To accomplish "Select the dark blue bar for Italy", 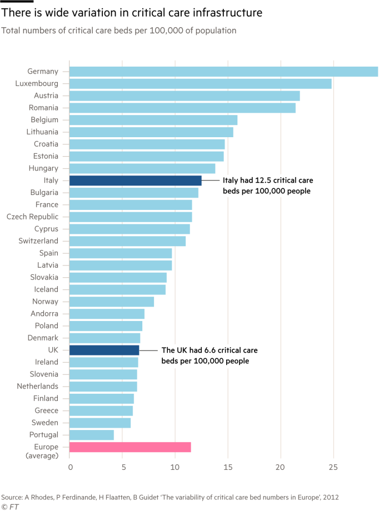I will [136, 181].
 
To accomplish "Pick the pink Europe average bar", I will [130, 447].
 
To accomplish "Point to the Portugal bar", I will [92, 435].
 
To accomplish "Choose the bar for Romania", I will [183, 108].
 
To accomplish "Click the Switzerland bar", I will [128, 241].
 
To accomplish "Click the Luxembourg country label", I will [37, 83].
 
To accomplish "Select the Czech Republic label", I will [32, 217].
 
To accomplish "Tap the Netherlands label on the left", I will [37, 386].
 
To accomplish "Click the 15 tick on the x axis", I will [228, 468].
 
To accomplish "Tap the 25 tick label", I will [333, 468].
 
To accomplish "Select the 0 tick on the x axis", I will [70, 468].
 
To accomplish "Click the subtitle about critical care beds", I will [118, 31].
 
